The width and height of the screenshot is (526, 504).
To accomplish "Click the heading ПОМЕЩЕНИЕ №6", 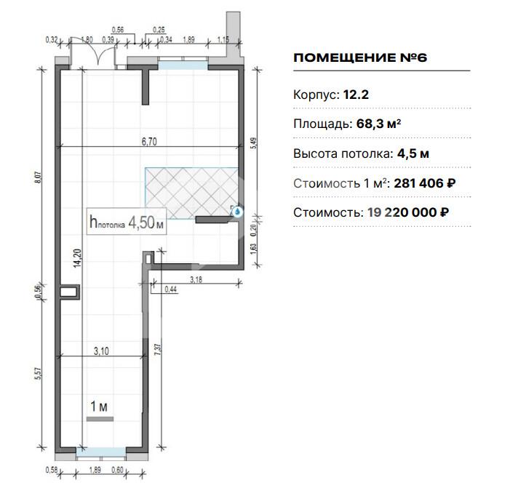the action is (x=360, y=57).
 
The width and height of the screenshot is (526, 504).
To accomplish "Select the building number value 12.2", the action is (x=356, y=95).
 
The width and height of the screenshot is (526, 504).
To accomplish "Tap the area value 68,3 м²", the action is (x=378, y=124).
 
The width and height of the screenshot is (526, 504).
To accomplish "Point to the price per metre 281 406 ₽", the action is (x=425, y=183).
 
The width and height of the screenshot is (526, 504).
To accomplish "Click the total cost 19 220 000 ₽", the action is (x=408, y=212).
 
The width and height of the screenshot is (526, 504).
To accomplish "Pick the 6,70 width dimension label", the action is (x=149, y=142).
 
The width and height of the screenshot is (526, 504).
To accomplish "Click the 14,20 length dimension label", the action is (x=77, y=258).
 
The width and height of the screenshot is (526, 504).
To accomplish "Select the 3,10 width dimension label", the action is (x=101, y=351).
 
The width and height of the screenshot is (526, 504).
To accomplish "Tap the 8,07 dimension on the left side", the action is (x=38, y=177).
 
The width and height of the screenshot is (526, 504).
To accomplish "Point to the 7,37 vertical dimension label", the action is (x=159, y=350).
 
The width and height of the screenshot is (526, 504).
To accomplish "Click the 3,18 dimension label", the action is (x=196, y=279).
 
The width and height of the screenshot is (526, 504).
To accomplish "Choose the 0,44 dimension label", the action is (x=171, y=289).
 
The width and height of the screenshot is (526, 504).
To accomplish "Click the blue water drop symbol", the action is (x=237, y=212).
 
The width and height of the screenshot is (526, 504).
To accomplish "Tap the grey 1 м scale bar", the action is (x=100, y=419).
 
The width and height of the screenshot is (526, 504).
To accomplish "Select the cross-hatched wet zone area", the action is (x=191, y=193).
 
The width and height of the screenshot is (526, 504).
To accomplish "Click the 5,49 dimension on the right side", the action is (x=255, y=143).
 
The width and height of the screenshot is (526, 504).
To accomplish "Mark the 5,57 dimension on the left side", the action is (x=38, y=374).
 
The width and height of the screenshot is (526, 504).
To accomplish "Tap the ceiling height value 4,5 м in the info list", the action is (x=413, y=154).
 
